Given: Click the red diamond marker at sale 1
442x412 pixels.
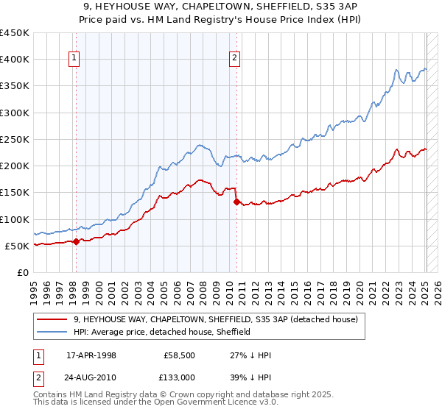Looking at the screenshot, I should click(x=76, y=241).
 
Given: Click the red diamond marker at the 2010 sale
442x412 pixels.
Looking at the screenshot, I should click(x=236, y=202).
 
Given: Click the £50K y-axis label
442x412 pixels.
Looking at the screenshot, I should click(x=18, y=246).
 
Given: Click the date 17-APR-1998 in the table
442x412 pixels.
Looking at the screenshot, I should click(x=92, y=354).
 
